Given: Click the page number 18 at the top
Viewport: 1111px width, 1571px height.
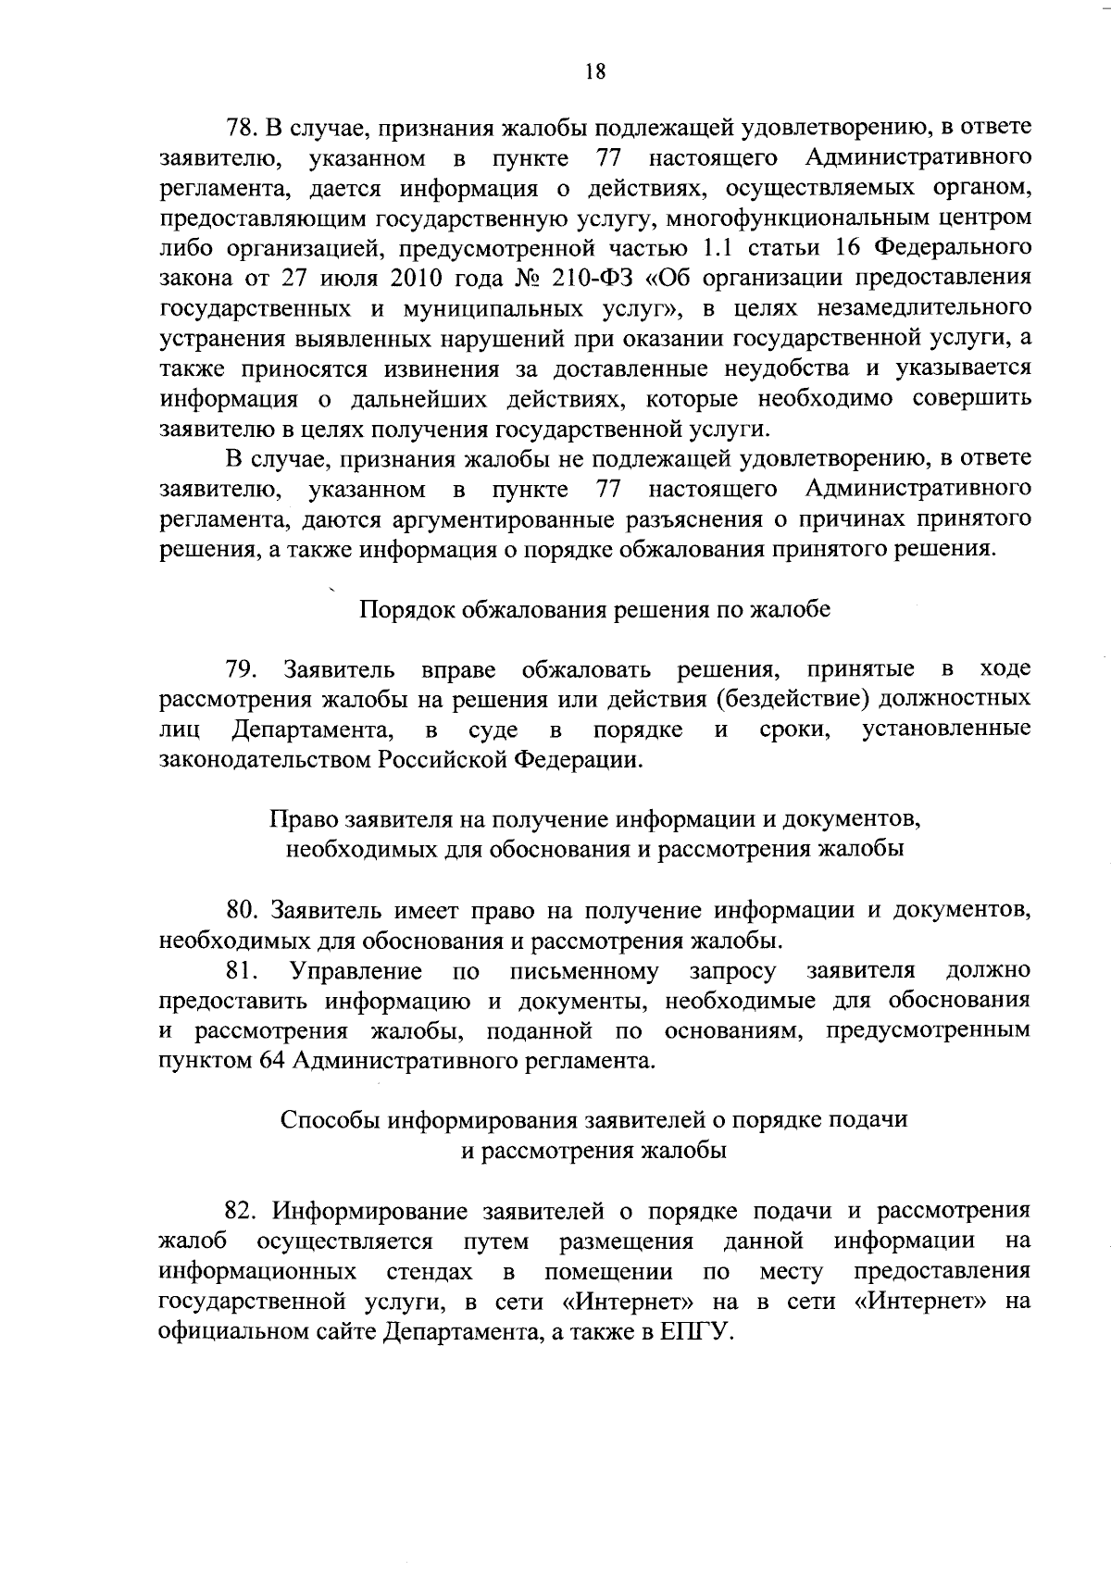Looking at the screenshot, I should click(595, 72).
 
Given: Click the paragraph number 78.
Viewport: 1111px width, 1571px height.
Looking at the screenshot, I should click(242, 128).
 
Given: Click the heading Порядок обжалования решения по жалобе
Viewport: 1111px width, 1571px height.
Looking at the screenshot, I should click(594, 610).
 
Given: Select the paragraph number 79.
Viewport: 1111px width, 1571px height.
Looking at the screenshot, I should click(243, 669).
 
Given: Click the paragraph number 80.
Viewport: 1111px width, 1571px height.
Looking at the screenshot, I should click(242, 911).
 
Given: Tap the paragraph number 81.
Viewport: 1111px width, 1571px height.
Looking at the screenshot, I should click(242, 971).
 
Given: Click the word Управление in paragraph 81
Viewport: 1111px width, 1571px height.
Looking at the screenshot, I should click(357, 971).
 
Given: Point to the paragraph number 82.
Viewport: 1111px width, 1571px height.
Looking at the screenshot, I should click(242, 1211).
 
